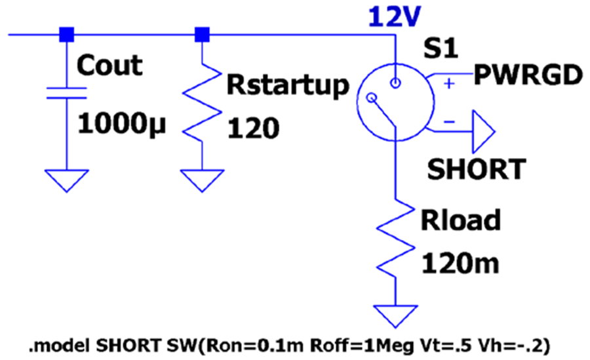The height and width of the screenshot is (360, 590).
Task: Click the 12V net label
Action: [394, 17]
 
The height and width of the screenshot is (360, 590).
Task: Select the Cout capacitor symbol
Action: [67, 93]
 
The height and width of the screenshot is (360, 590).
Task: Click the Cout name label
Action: [109, 65]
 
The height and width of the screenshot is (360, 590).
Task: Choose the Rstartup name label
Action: [288, 85]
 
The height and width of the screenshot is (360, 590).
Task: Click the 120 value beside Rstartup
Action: [253, 129]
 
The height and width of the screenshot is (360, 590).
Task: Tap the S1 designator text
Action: [441, 49]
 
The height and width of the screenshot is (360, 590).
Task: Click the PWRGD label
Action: [528, 75]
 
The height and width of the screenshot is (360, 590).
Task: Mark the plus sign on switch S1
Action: [449, 83]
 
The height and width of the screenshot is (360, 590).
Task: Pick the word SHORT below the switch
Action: [477, 169]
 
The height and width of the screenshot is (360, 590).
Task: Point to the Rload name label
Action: [461, 220]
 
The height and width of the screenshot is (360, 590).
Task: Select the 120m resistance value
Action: [460, 264]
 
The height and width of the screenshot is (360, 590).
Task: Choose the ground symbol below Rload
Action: [395, 316]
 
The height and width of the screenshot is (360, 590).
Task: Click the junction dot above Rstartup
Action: [202, 35]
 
